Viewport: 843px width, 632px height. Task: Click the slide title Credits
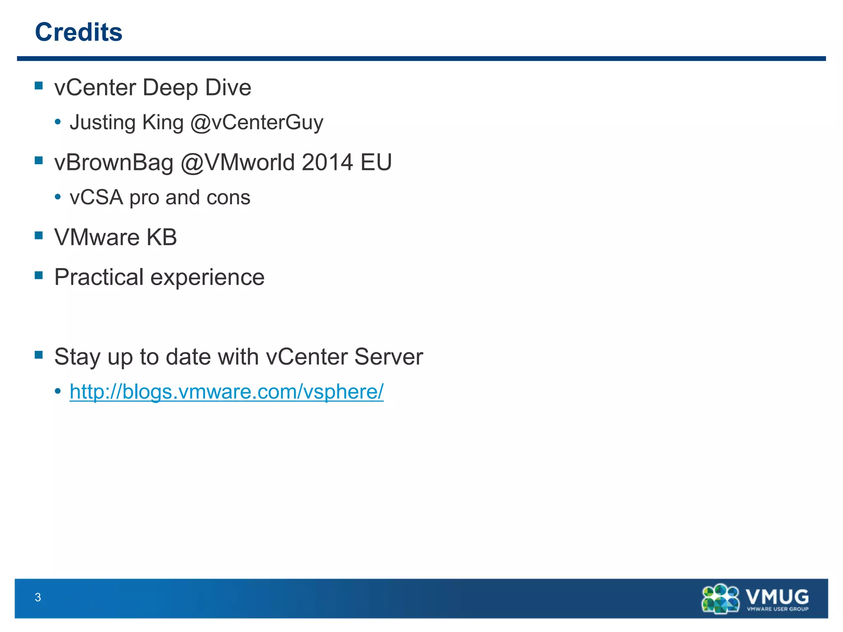79,32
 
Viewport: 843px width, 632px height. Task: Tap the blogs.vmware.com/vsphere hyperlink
226,391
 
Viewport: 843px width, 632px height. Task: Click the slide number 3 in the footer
38,597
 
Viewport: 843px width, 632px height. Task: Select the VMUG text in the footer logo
777,596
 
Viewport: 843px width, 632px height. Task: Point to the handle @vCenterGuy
257,123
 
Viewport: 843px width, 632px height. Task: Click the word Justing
102,123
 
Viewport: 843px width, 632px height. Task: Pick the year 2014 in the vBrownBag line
327,162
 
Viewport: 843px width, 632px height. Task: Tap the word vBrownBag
114,162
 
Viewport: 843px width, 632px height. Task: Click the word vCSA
96,197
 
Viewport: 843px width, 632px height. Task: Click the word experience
207,277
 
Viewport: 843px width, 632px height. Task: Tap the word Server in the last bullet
389,356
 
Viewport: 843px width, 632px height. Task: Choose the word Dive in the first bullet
228,88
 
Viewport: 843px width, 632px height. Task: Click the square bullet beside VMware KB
39,235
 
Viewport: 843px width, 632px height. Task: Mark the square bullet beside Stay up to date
39,355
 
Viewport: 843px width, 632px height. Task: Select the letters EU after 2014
376,162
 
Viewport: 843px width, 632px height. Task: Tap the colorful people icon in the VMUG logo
720,599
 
